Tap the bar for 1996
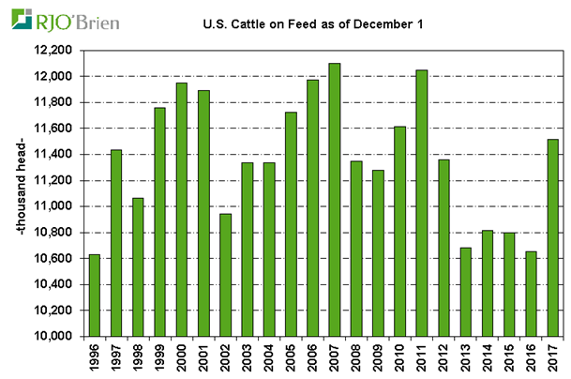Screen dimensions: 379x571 94,295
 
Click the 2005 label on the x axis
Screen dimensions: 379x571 292,357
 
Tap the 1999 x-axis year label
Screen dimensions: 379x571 160,357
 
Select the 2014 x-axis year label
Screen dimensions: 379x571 488,357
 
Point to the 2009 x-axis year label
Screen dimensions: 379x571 379,357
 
